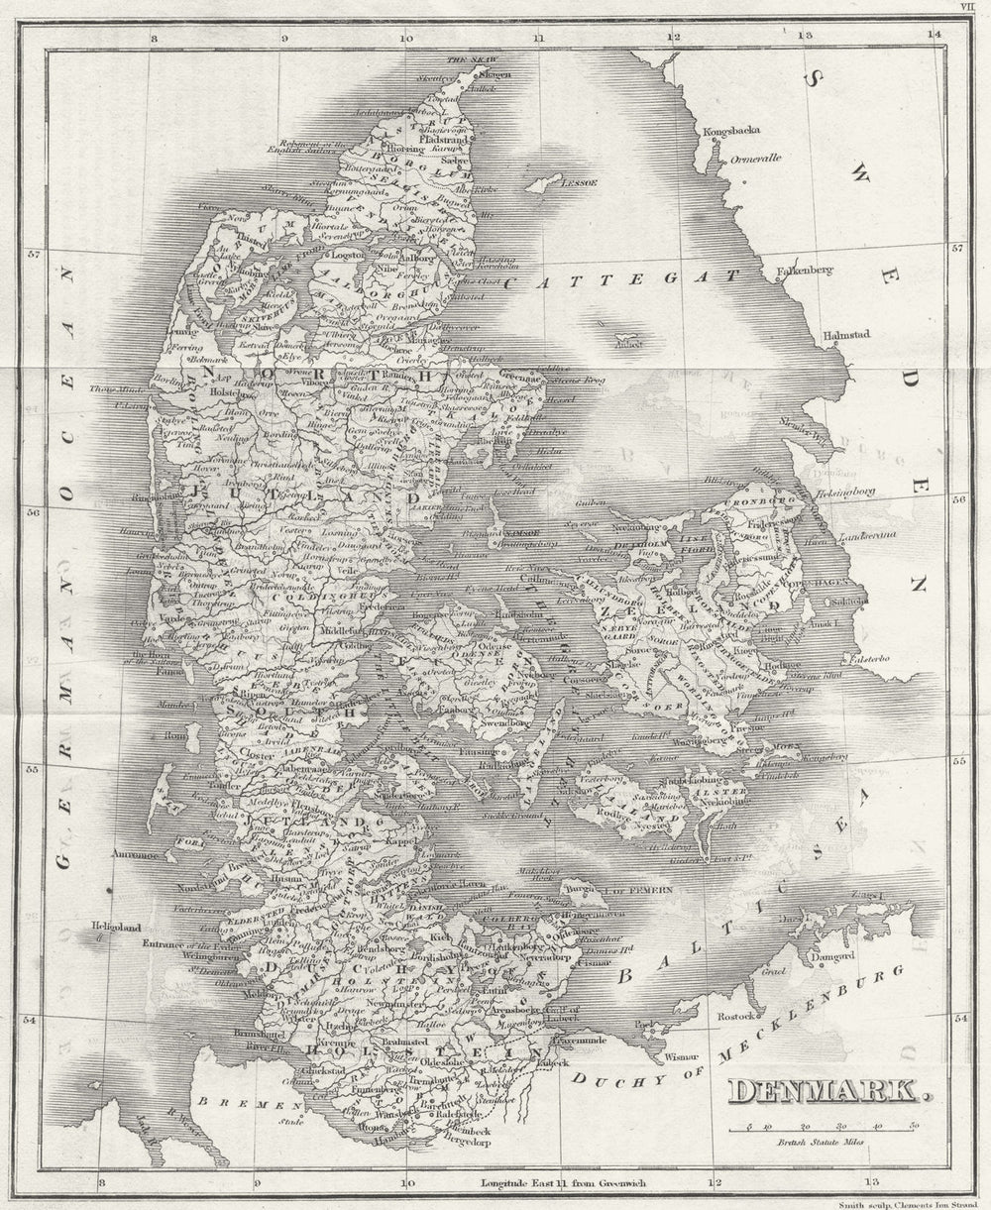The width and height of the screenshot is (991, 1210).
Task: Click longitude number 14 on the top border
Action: click(x=934, y=35)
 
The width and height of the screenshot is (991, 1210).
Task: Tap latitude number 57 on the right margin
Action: click(x=957, y=249)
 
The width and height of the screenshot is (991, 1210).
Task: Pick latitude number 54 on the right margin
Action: click(x=959, y=1018)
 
